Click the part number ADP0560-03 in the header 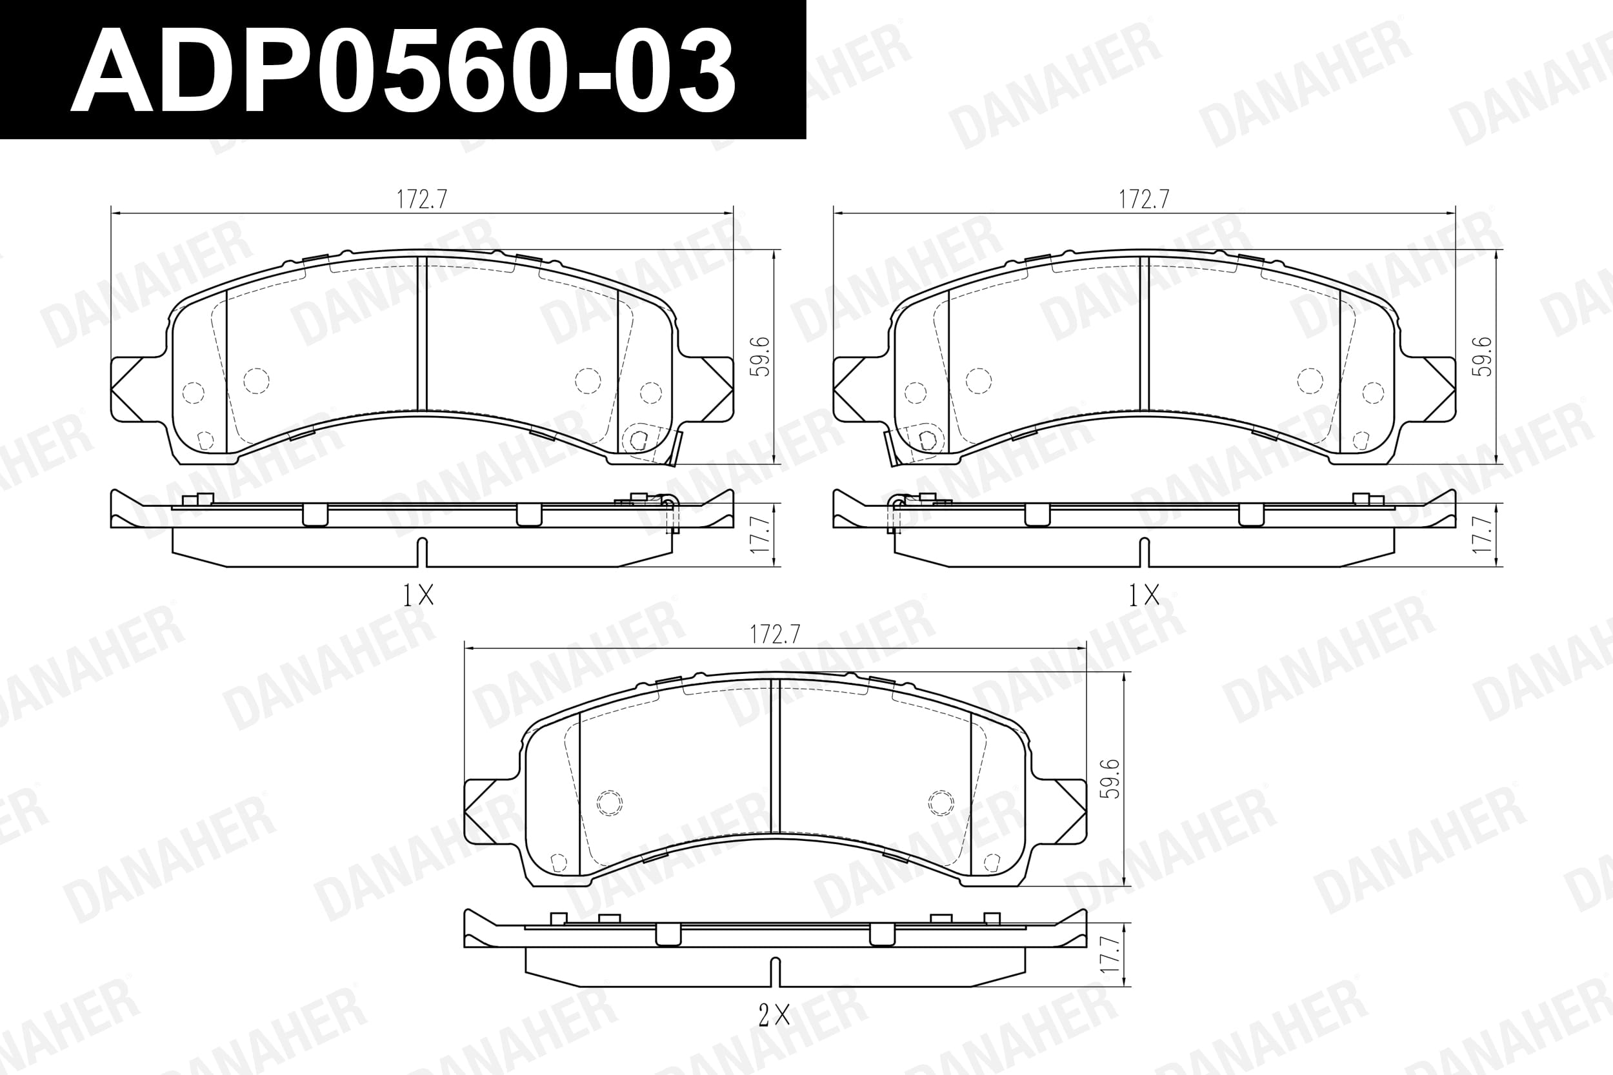pyautogui.click(x=403, y=71)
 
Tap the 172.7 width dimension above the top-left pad pyautogui.click(x=422, y=199)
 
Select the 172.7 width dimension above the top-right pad pyautogui.click(x=1144, y=199)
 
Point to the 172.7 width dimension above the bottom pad pyautogui.click(x=775, y=634)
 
